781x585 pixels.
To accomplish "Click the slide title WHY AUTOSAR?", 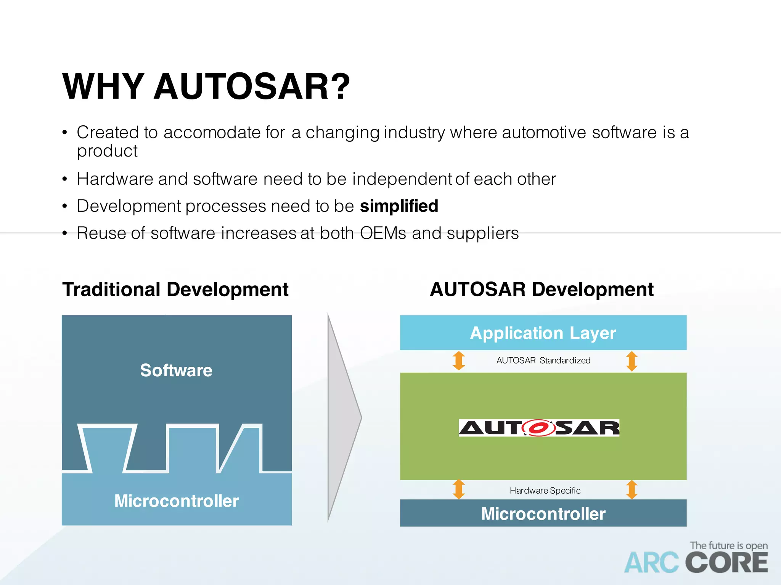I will coord(206,87).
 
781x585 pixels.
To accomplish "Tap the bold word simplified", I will coord(399,206).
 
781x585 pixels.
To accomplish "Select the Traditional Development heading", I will coord(175,289).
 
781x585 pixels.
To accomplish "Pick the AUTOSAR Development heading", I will coord(542,289).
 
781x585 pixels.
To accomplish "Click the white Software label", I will coord(176,370).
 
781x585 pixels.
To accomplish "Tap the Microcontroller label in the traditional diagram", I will coord(177,501).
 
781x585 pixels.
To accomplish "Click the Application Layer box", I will coord(543,333).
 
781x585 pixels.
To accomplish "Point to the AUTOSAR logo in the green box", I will coord(539,428).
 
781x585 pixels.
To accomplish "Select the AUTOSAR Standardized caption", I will coord(543,360).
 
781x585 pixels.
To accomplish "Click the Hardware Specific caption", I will coord(545,491).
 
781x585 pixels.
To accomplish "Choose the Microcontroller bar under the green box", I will coord(543,514).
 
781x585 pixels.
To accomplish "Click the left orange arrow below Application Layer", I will coord(459,361).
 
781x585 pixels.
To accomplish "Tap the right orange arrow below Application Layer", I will coord(632,361).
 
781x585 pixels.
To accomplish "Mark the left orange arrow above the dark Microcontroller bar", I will coord(459,489).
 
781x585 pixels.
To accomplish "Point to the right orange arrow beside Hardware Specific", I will coord(632,489).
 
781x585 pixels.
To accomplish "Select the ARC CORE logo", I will coord(696,563).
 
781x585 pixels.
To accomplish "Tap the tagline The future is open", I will coord(728,545).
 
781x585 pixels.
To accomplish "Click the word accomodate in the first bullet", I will coord(212,133).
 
